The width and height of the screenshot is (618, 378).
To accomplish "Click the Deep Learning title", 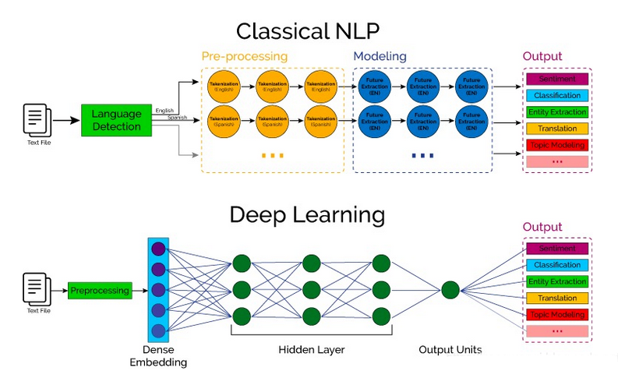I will click(308, 214).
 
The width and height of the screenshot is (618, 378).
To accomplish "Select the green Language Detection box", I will click(116, 120).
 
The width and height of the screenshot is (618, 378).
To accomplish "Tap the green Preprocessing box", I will click(99, 291).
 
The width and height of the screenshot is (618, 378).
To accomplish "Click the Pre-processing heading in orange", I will click(244, 57).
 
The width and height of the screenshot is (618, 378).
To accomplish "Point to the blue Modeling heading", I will click(380, 57).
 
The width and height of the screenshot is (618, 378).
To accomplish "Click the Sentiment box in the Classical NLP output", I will click(557, 79).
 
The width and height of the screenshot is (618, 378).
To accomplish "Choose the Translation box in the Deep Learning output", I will click(557, 299).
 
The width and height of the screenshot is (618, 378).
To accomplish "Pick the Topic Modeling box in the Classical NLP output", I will click(557, 145).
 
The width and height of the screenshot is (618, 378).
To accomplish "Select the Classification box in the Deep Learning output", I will click(557, 265).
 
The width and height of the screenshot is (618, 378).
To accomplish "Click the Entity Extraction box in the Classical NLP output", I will click(557, 112).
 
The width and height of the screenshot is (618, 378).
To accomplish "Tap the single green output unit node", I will click(450, 291).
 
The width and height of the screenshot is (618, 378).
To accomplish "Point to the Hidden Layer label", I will click(311, 350).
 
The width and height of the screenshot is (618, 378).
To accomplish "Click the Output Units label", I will click(450, 350).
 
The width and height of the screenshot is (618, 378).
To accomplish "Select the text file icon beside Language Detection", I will click(37, 121).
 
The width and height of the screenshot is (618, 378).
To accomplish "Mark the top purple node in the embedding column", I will click(159, 249).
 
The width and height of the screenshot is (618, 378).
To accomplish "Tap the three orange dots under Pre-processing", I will click(272, 156).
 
